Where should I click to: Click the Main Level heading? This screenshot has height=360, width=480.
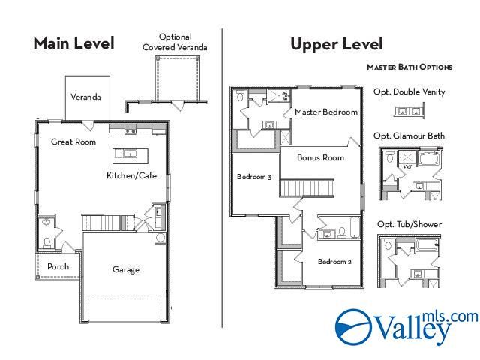coord(73,43)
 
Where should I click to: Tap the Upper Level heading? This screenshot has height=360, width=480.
coord(337,44)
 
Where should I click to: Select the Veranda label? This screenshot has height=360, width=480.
coord(85,97)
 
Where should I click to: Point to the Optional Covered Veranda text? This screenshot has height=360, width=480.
coord(175,42)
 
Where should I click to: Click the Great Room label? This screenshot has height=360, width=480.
coord(73,142)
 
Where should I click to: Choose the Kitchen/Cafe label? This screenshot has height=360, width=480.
coord(130,175)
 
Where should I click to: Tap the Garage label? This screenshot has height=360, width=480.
coord(126,270)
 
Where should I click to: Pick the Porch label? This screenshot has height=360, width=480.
coord(58,266)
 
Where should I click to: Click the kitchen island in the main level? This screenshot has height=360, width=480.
coord(129,155)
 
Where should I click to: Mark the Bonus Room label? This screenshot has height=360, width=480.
coord(320,158)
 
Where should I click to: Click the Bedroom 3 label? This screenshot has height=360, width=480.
coord(254,177)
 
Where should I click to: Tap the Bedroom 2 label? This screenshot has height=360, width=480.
coord(334,262)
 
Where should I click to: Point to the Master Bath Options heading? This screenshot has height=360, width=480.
coord(409,67)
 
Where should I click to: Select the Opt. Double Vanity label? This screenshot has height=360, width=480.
coord(409,92)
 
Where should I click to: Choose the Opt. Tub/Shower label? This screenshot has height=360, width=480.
coord(409,224)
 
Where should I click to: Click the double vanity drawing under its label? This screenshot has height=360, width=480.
coord(409,111)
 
